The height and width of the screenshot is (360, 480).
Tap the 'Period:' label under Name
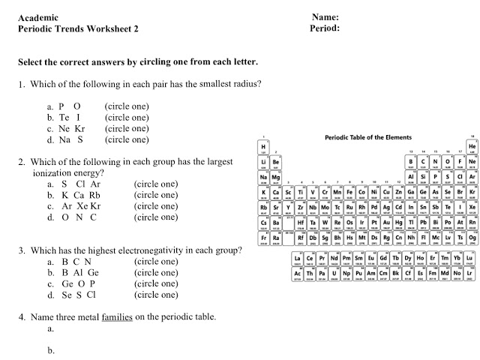point(325,29)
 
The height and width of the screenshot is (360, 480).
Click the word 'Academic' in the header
point(37,17)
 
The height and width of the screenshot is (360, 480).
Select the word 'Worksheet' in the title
point(105,29)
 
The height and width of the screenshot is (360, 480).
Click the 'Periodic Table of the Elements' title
point(368,137)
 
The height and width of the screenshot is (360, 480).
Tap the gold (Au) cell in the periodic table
point(386,223)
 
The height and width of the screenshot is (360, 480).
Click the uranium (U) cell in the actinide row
point(334,274)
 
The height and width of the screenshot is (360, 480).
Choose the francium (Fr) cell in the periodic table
point(263,238)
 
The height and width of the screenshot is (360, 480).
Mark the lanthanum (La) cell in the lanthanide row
point(298,259)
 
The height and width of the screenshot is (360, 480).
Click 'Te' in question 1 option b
point(64,118)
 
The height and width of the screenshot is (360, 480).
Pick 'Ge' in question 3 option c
point(67,284)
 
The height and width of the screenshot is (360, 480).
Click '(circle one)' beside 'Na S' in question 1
point(127,139)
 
